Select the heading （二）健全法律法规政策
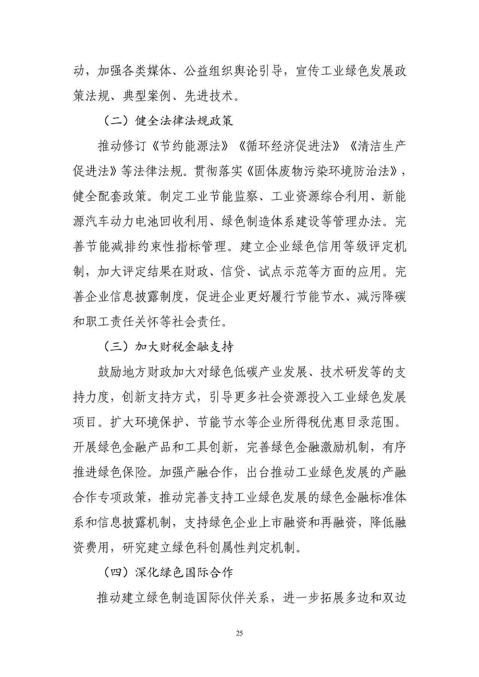pos(168,121)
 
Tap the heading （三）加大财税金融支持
pos(168,347)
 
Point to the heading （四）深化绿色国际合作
pos(168,573)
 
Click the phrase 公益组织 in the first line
pos(209,71)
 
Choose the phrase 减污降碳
pos(382,297)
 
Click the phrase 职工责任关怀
pos(122,322)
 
